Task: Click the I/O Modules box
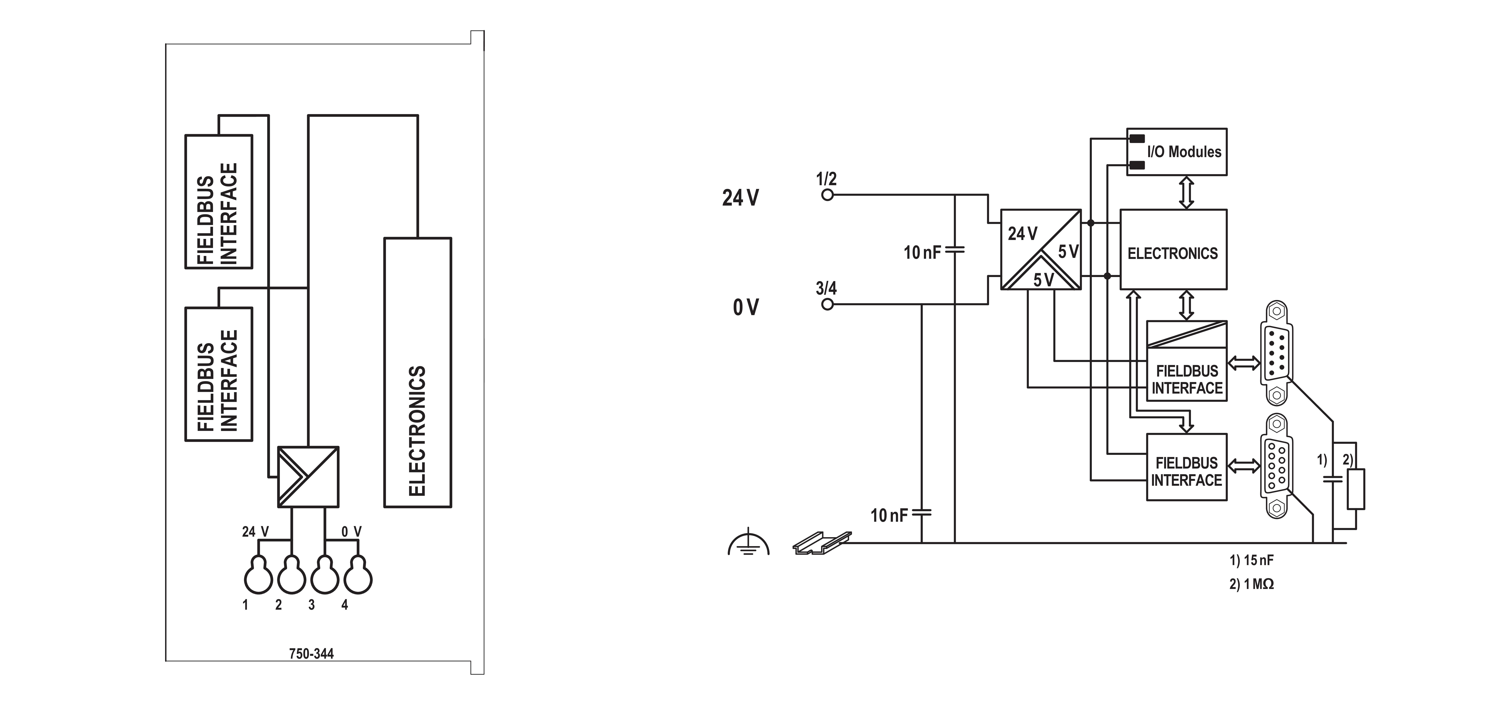(x=1176, y=152)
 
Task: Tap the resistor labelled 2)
(x=1356, y=489)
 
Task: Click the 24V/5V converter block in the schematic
(x=1041, y=250)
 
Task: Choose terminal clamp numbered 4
(x=358, y=575)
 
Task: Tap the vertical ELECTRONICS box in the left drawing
(x=418, y=373)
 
